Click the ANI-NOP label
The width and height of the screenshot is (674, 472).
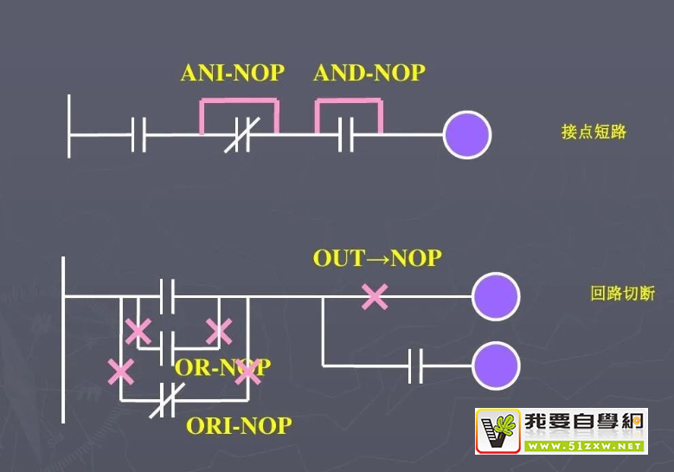tap(232, 73)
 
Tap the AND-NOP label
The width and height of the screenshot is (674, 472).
tap(369, 73)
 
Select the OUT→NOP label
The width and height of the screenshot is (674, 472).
tap(377, 258)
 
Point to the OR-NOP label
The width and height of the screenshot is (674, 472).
tap(222, 367)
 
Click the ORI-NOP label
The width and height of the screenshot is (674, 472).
tap(239, 426)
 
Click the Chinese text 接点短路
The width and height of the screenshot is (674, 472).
tap(594, 133)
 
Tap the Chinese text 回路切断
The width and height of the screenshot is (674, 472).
tap(622, 294)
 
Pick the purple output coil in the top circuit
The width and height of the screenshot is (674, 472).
tap(467, 135)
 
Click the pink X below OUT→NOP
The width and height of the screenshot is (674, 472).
tap(375, 297)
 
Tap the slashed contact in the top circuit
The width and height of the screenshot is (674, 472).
tap(240, 135)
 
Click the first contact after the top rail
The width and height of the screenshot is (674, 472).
tap(138, 135)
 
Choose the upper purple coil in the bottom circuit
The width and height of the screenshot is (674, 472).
tap(496, 296)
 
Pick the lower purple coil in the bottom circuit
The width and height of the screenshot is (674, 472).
tap(496, 365)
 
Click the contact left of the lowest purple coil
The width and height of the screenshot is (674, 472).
tap(415, 365)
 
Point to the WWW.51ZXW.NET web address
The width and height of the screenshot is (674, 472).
tap(584, 446)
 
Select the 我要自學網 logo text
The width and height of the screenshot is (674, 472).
tap(584, 424)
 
